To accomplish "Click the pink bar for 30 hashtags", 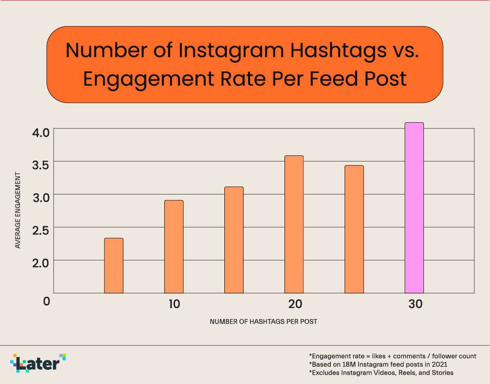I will click(414, 208).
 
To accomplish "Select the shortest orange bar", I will click(114, 265).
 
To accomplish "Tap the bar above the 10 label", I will click(174, 247).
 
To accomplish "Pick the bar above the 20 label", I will click(294, 224).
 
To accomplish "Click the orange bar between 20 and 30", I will click(354, 229).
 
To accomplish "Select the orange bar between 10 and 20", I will click(234, 240).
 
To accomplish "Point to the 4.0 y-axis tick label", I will click(40, 132).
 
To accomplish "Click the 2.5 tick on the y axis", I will click(40, 230).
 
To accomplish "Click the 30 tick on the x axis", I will click(415, 304).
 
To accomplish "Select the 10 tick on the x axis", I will click(174, 304).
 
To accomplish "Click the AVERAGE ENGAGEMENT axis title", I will click(18, 210).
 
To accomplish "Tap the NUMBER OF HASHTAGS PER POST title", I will click(263, 322).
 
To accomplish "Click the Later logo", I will click(38, 363).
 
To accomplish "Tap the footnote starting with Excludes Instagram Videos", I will click(381, 373).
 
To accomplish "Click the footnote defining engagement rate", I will click(392, 356).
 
